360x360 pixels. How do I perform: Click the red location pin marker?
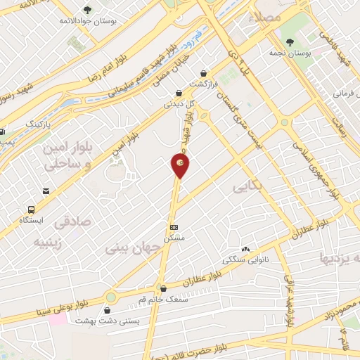coord(180,165)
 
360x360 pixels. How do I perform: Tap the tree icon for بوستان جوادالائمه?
coord(87,10)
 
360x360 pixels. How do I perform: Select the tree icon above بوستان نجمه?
coord(290,41)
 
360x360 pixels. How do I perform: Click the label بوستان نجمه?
coord(290,53)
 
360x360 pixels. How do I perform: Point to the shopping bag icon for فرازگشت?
coord(204,72)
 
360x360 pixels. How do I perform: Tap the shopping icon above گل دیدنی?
coord(179,92)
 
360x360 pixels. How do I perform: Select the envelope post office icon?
coord(46,191)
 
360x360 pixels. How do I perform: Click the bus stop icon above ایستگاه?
coord(31,210)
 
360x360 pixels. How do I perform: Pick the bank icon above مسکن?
coord(174,227)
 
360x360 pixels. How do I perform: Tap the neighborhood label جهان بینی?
coord(128,248)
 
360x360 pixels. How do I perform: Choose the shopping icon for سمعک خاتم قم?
coord(163,288)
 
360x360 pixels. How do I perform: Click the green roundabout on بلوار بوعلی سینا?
coord(110,297)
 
